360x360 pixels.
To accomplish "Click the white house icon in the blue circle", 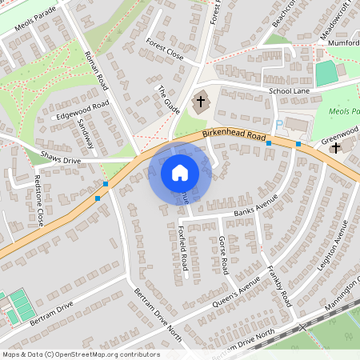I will pos(179,173).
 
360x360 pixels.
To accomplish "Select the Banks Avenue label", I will pos(255,206).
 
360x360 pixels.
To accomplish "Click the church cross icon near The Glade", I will pos(201,102).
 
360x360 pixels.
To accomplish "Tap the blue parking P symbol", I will pos(278,124).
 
